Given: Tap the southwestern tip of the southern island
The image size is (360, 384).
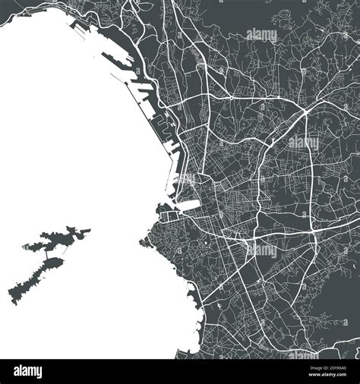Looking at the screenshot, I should click(x=11, y=294).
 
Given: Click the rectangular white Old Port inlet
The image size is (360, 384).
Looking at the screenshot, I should click(x=183, y=206).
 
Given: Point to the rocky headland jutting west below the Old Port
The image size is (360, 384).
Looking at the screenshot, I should click(x=144, y=243).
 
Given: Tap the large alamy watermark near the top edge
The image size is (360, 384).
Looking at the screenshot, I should click(x=261, y=34).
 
